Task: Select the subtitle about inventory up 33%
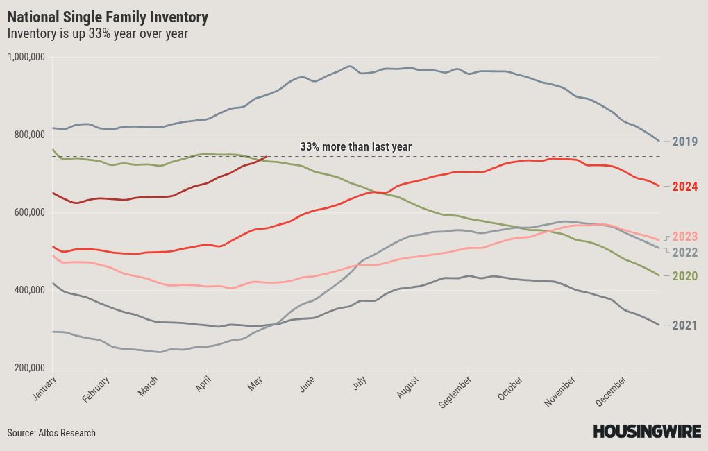pyautogui.click(x=97, y=33)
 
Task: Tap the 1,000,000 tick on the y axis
pyautogui.click(x=26, y=57)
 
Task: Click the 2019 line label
pyautogui.click(x=684, y=142)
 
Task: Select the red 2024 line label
pyautogui.click(x=684, y=187)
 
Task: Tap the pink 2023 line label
pyautogui.click(x=684, y=237)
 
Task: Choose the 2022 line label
pyautogui.click(x=684, y=253)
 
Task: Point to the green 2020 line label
pyautogui.click(x=684, y=276)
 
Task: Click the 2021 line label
pyautogui.click(x=684, y=325)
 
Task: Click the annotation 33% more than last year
pyautogui.click(x=356, y=147)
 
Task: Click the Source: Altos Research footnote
pyautogui.click(x=51, y=433)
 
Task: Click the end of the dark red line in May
pyautogui.click(x=267, y=156)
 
